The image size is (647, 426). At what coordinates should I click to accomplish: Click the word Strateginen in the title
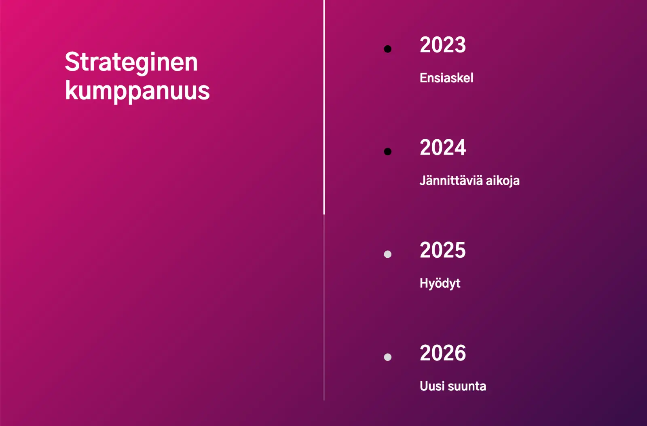[x=131, y=63]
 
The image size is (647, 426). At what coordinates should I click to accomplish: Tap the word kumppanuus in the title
[x=137, y=91]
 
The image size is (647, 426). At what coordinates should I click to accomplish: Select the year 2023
[x=443, y=45]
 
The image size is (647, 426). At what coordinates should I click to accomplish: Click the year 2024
[x=443, y=148]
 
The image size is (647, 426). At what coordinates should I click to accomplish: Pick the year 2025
[x=443, y=250]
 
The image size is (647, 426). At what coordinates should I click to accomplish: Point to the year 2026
[x=443, y=353]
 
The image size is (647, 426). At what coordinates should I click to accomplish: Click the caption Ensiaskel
[x=446, y=78]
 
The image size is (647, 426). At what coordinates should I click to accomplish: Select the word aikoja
[x=503, y=180]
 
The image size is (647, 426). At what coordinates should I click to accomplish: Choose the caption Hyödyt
[x=440, y=283]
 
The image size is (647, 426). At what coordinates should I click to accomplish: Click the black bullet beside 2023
[x=387, y=49]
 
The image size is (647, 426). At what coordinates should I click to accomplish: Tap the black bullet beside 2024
[x=387, y=152]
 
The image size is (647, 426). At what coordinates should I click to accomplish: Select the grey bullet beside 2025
[x=387, y=254]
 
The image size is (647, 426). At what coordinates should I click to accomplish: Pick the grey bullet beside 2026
[x=387, y=357]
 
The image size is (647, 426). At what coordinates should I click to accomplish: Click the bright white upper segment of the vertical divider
[x=324, y=107]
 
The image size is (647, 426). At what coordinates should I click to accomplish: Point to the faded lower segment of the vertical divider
[x=324, y=307]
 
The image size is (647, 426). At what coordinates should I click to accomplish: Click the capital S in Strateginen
[x=72, y=62]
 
